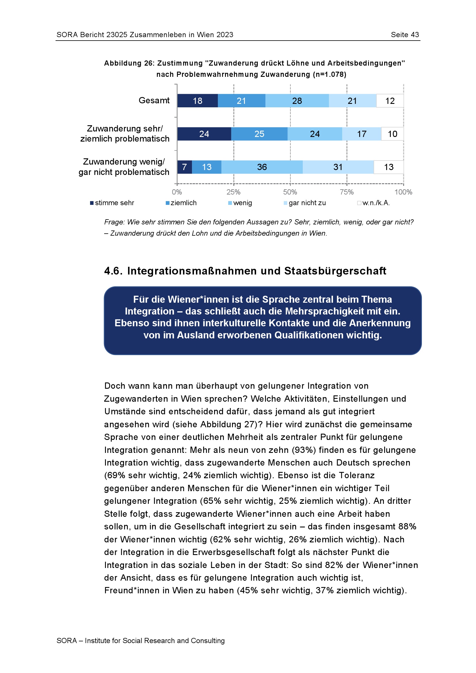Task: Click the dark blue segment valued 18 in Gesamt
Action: (197, 101)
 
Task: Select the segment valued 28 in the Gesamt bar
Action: (297, 101)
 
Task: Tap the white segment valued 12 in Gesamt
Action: (390, 101)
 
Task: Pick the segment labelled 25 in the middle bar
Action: (259, 134)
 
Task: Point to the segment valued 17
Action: (362, 134)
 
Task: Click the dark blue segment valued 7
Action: (185, 167)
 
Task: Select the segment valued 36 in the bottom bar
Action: (262, 167)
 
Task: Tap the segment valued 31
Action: (338, 167)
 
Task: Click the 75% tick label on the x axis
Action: (347, 192)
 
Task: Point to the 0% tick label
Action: (177, 192)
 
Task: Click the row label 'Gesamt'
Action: (154, 100)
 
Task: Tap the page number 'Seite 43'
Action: (405, 35)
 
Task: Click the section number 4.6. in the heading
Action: (113, 271)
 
